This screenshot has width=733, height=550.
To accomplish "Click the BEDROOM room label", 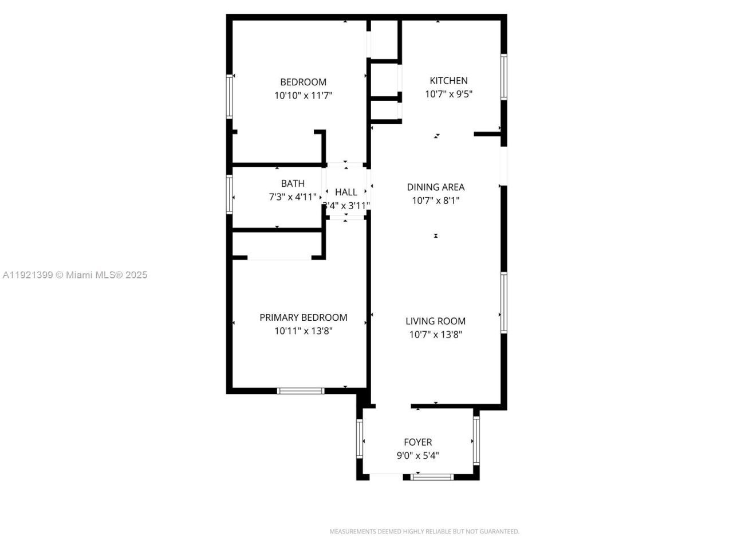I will (303, 82).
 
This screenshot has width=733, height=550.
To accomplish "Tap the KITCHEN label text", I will (448, 81).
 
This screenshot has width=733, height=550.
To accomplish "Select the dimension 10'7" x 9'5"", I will (448, 95).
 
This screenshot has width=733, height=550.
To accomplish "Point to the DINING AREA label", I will (435, 187).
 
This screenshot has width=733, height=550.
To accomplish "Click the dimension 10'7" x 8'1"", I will (435, 201).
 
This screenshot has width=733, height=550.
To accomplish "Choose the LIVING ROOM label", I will (435, 321).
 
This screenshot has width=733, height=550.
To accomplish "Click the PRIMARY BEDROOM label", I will (303, 317).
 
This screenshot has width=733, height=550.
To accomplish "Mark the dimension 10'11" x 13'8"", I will (303, 331).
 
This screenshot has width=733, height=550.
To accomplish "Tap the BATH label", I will (293, 183).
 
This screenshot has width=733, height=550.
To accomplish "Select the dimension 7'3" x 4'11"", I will (293, 197).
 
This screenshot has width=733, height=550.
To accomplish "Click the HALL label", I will (346, 192).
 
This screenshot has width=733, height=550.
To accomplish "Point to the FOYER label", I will (417, 442).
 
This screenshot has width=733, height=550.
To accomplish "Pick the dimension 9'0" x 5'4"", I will (417, 456).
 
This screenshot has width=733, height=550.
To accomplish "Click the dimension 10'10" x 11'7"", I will (303, 96).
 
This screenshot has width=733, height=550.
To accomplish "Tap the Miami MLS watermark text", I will (75, 275).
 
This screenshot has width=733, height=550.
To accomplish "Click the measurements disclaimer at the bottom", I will (424, 532).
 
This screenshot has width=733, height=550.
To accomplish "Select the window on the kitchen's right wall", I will (504, 77).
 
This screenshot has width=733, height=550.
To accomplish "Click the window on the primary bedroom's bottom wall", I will (301, 391).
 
